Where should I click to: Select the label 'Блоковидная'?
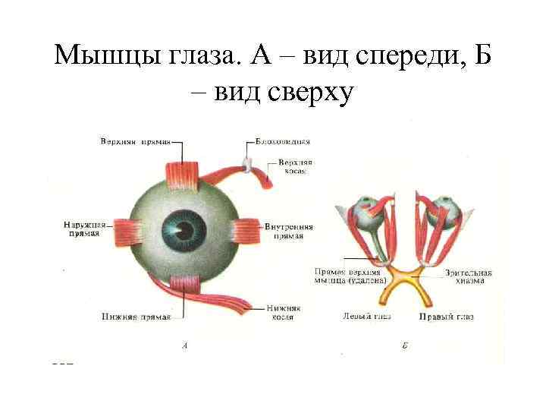point(282,141)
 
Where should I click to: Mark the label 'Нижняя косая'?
point(284,312)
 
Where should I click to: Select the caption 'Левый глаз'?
point(366,317)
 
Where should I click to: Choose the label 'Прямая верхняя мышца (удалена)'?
point(348,276)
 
